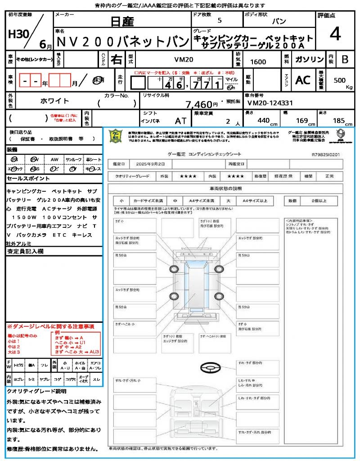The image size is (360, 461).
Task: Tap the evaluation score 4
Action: [334, 34]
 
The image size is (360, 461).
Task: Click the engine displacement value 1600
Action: [258, 62]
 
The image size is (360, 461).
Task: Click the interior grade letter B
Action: [345, 59]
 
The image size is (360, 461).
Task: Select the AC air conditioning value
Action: [303, 80]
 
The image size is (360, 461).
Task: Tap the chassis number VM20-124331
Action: [270, 103]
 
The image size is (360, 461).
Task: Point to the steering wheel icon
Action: [210, 367]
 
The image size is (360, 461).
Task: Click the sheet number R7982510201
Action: [325, 154]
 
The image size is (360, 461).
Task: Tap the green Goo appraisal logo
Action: [115, 136]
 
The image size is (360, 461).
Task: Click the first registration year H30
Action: [17, 34]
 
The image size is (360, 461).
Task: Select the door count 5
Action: [219, 20]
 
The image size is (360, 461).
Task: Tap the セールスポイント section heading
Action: [25, 179]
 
